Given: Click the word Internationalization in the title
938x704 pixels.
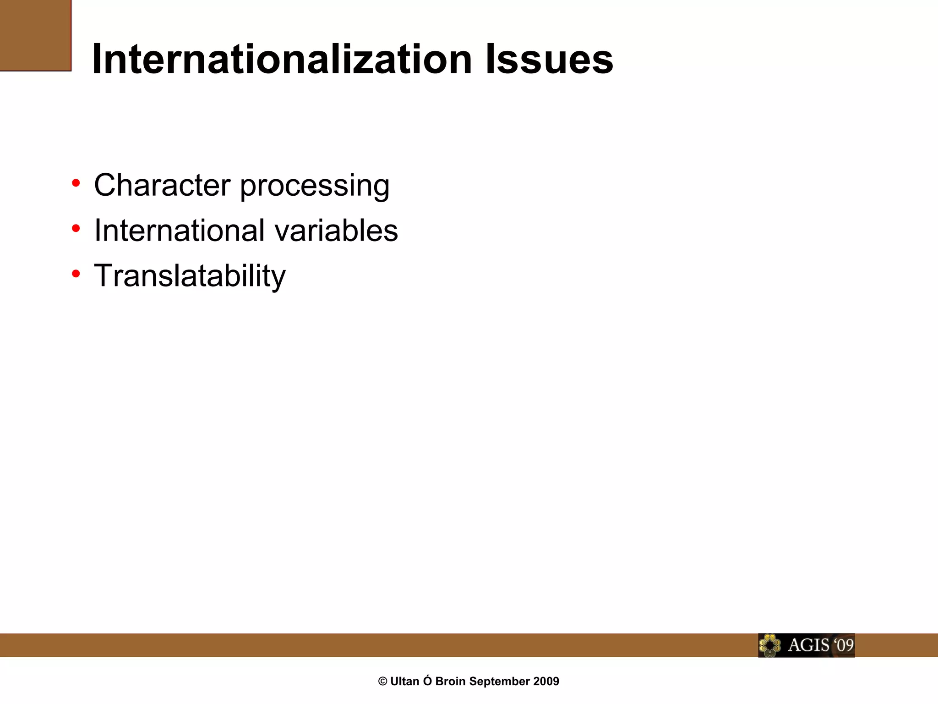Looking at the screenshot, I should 282,60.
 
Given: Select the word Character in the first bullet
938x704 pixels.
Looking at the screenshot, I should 162,185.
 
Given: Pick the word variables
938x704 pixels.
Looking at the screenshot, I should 336,230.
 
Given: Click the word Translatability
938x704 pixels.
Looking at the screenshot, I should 190,276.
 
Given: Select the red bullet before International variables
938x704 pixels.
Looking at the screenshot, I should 76,228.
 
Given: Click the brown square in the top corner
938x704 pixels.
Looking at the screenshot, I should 35,35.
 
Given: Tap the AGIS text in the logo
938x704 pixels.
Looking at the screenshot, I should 808,645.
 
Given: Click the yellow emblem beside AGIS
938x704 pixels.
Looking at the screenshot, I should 770,645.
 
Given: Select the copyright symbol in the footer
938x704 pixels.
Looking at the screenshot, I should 383,682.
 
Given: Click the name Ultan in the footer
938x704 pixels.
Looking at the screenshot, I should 405,682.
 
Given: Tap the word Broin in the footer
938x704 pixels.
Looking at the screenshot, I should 451,682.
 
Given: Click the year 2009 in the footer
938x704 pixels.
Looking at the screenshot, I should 546,682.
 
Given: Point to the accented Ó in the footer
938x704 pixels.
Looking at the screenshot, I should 427,681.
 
